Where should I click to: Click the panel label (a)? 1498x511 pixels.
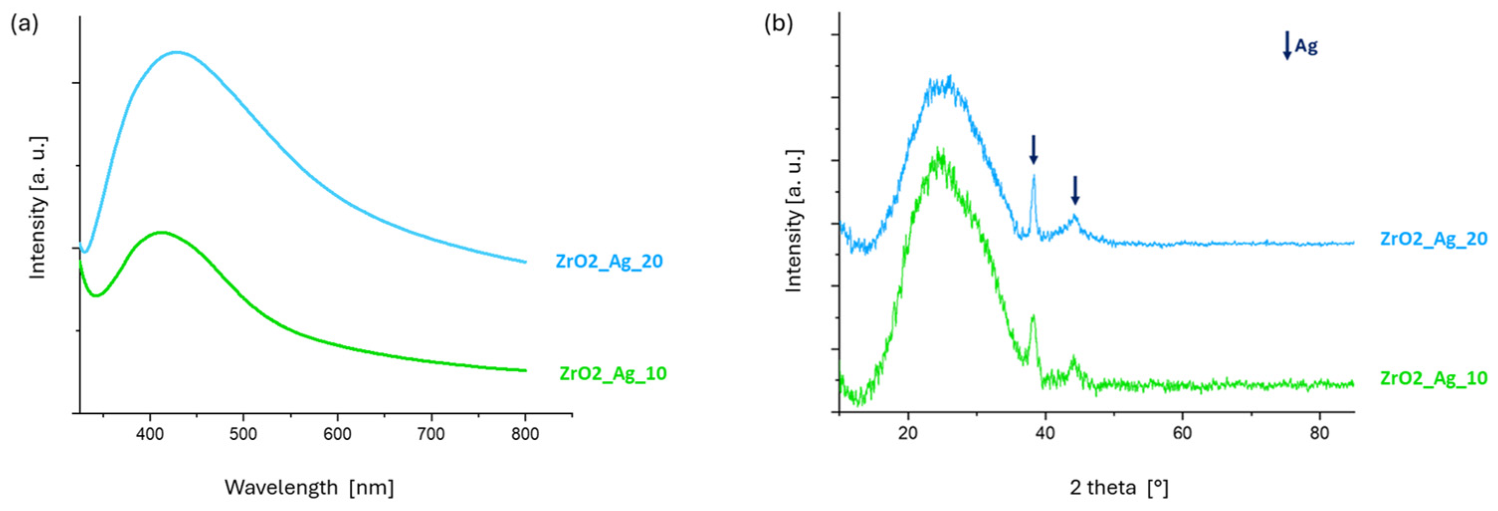point(24,25)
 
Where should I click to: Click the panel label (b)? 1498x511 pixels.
point(778,25)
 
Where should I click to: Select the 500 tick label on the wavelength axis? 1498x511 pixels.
point(243,435)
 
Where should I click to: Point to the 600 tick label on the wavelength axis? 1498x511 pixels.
point(337,435)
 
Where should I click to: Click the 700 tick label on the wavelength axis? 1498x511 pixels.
point(431,435)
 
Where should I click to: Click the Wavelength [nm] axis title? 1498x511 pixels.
point(309,487)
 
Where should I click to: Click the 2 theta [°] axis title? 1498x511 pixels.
point(1119,487)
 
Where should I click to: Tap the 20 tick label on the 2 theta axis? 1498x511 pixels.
point(908,434)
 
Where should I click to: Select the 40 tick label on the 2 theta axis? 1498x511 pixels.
point(1046,434)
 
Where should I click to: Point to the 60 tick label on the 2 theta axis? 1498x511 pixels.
point(1182,434)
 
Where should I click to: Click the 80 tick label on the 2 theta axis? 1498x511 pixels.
point(1319,434)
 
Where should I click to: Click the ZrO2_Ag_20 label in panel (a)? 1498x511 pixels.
point(609,261)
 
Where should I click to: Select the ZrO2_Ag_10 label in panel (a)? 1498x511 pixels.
point(613,373)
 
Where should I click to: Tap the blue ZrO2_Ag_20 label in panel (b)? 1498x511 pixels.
point(1433,239)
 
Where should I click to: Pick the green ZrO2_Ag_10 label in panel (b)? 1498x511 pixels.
point(1433,379)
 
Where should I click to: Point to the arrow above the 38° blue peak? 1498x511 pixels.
point(1033,149)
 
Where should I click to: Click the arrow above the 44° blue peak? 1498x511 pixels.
point(1075,190)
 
